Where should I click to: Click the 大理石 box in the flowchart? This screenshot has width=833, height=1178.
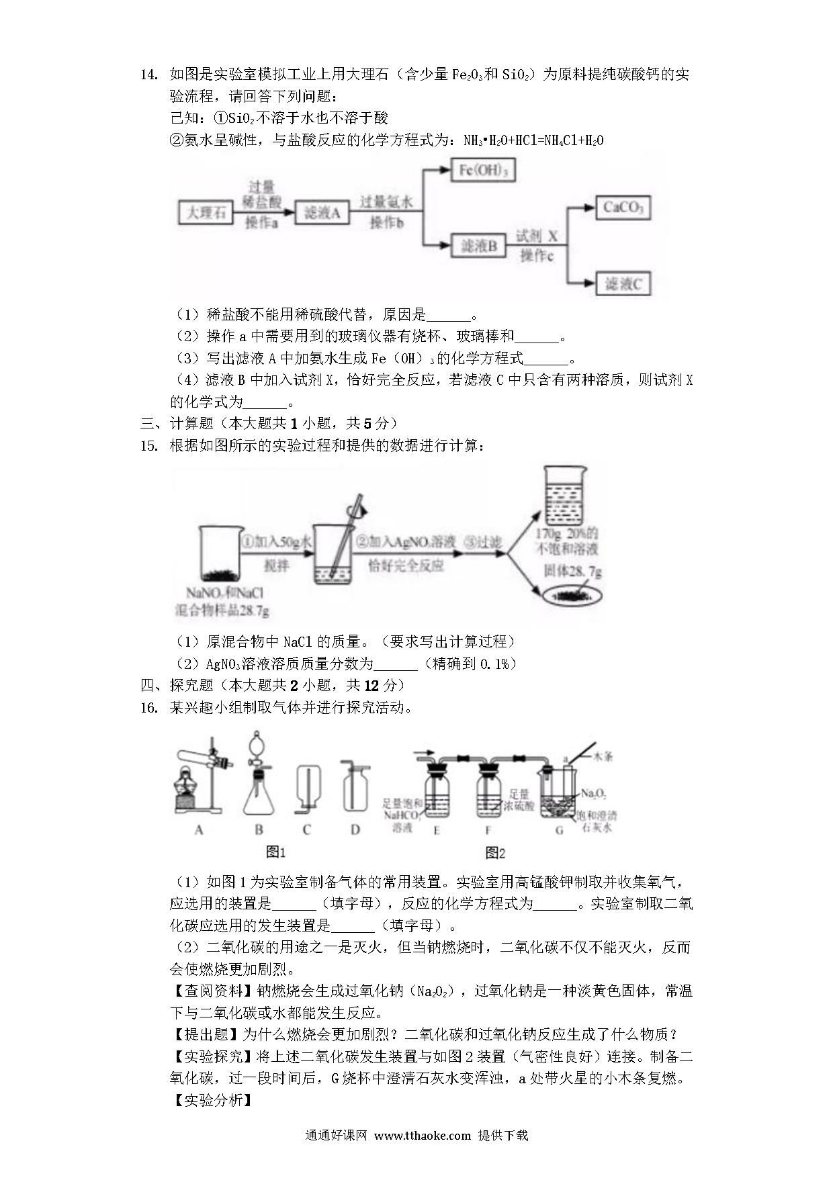pyautogui.click(x=206, y=214)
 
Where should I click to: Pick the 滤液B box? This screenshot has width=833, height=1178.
pyautogui.click(x=479, y=246)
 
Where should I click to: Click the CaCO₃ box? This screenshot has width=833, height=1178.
pyautogui.click(x=623, y=208)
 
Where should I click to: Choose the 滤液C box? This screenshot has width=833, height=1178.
pyautogui.click(x=623, y=283)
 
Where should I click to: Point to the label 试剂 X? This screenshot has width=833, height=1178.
pyautogui.click(x=537, y=236)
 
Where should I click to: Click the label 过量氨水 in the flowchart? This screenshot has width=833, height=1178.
pyautogui.click(x=386, y=202)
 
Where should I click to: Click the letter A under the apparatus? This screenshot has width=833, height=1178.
pyautogui.click(x=199, y=830)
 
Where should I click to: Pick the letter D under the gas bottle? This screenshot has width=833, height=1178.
pyautogui.click(x=355, y=830)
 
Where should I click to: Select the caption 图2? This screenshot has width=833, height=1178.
pyautogui.click(x=495, y=853)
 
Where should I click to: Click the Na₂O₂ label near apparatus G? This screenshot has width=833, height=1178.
pyautogui.click(x=593, y=794)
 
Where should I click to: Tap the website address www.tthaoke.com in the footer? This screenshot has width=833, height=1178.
pyautogui.click(x=422, y=1136)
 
